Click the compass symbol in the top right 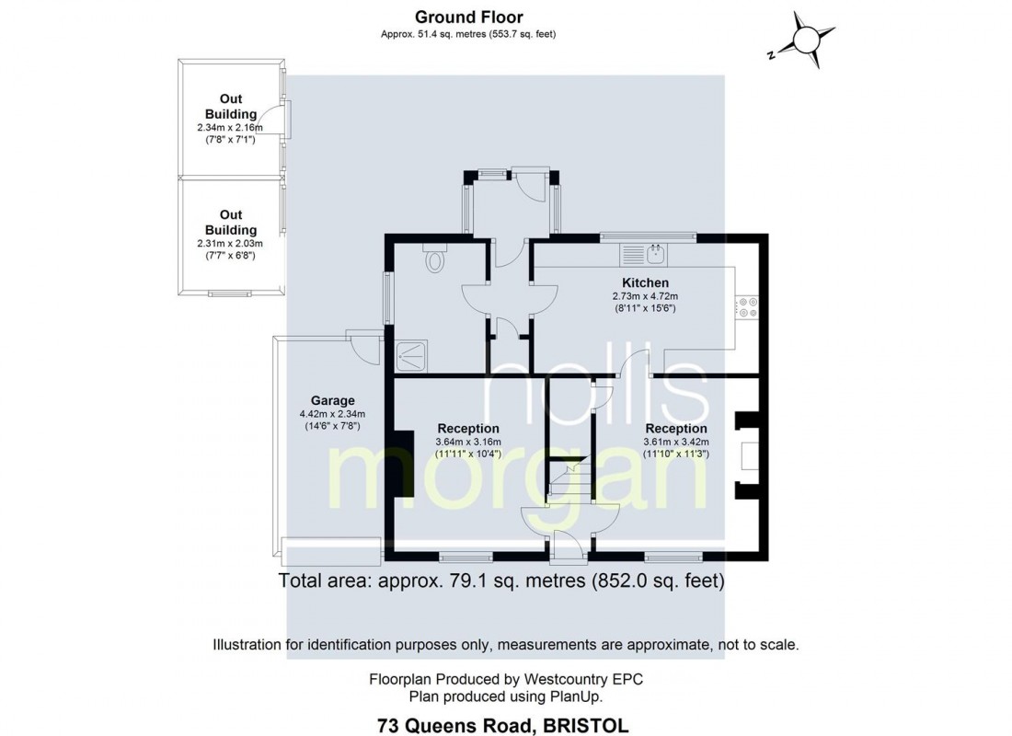(x=807, y=40)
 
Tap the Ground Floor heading (x=468, y=17)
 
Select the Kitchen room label (x=645, y=282)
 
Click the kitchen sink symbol (x=657, y=251)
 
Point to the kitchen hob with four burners (x=746, y=306)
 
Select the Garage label (x=332, y=400)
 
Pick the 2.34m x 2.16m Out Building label (x=230, y=107)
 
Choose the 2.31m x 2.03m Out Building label (x=230, y=222)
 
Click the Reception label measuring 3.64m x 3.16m (x=467, y=428)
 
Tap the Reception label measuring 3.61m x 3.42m (x=676, y=428)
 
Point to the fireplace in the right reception (x=746, y=454)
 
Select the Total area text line (x=501, y=581)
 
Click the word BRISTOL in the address (x=585, y=726)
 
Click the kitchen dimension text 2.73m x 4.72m (x=645, y=296)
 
